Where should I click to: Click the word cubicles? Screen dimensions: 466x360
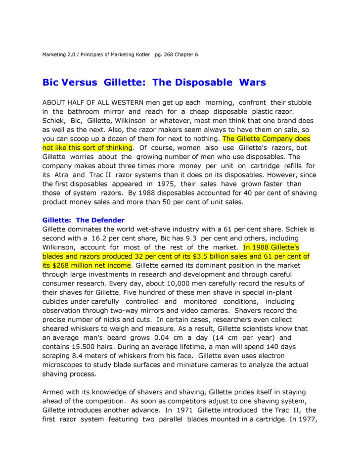[x=57, y=301]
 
